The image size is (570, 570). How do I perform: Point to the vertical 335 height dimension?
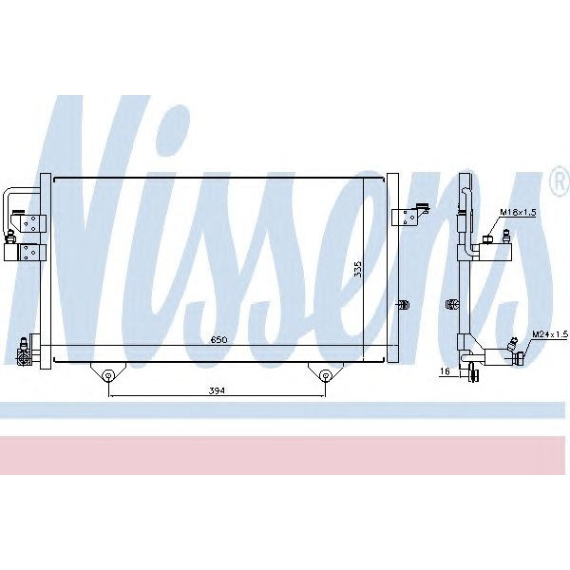(x=358, y=269)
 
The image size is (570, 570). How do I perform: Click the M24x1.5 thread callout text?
(x=549, y=334)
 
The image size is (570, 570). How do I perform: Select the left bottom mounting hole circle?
(x=109, y=374)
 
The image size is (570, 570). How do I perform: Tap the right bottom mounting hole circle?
(x=325, y=374)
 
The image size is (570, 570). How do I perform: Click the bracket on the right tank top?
(x=411, y=216)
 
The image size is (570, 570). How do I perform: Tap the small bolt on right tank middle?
(x=402, y=304)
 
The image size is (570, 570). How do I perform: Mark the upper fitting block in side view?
(x=495, y=253)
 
